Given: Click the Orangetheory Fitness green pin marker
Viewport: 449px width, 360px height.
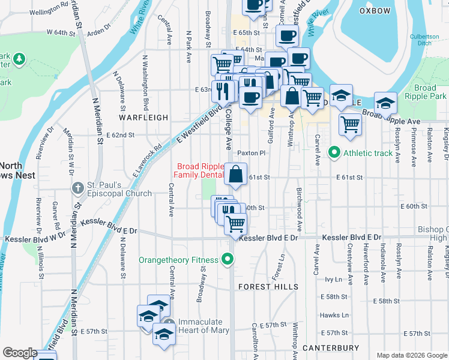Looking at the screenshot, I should [x=228, y=260].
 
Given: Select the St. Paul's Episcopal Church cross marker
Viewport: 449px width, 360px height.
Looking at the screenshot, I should [x=77, y=188].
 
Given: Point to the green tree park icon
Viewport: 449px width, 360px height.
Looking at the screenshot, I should [x=19, y=59].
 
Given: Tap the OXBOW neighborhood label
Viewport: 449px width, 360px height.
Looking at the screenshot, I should [x=375, y=11].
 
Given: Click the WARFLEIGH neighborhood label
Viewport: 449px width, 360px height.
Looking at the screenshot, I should [x=143, y=118].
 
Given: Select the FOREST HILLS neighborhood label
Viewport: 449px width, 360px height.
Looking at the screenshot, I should [x=268, y=287].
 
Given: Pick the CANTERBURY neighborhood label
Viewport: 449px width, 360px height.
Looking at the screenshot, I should [x=331, y=348].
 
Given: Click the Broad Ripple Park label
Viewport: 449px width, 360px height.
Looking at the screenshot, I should [x=425, y=92].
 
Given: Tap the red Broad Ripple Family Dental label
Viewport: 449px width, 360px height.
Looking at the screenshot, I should [x=198, y=170].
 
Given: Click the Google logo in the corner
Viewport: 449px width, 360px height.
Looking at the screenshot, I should [x=20, y=353].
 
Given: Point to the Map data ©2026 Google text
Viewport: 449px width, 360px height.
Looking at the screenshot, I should [x=411, y=355].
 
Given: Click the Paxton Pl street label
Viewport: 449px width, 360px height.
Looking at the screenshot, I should [x=251, y=153].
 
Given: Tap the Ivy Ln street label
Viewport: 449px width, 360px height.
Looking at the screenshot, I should [x=333, y=280].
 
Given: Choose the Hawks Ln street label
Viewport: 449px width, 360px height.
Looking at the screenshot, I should [x=335, y=315].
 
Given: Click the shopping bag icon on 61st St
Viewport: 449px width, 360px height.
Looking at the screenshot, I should [x=236, y=175].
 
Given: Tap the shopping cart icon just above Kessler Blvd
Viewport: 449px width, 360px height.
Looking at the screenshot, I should [x=236, y=223].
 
